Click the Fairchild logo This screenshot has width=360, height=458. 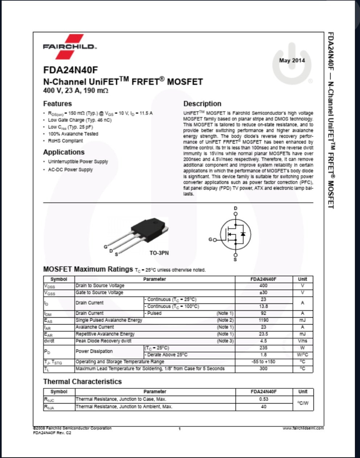point(70,47)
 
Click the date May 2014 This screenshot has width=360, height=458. point(292,61)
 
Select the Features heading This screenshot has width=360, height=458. point(57,104)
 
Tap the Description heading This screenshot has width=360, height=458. point(202,104)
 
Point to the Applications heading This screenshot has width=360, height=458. point(64,152)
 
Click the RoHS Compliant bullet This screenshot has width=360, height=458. point(65,141)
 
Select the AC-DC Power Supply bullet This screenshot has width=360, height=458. point(70,170)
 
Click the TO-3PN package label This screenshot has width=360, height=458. point(159,253)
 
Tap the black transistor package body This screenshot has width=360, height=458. point(149,227)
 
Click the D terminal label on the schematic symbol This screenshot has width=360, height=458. point(236,208)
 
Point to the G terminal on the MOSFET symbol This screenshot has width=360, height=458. point(211,240)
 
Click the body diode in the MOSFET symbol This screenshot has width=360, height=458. point(243,234)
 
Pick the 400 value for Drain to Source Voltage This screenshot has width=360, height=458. point(263,286)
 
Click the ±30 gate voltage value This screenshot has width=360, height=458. point(263,293)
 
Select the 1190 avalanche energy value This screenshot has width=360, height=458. point(263,320)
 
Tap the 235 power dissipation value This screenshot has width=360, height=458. point(263,348)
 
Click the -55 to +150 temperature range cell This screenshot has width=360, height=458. point(263,362)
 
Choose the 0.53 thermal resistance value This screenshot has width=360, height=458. point(263,399)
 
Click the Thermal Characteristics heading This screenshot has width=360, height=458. point(82,381)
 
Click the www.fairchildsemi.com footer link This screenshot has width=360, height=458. point(303,428)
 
